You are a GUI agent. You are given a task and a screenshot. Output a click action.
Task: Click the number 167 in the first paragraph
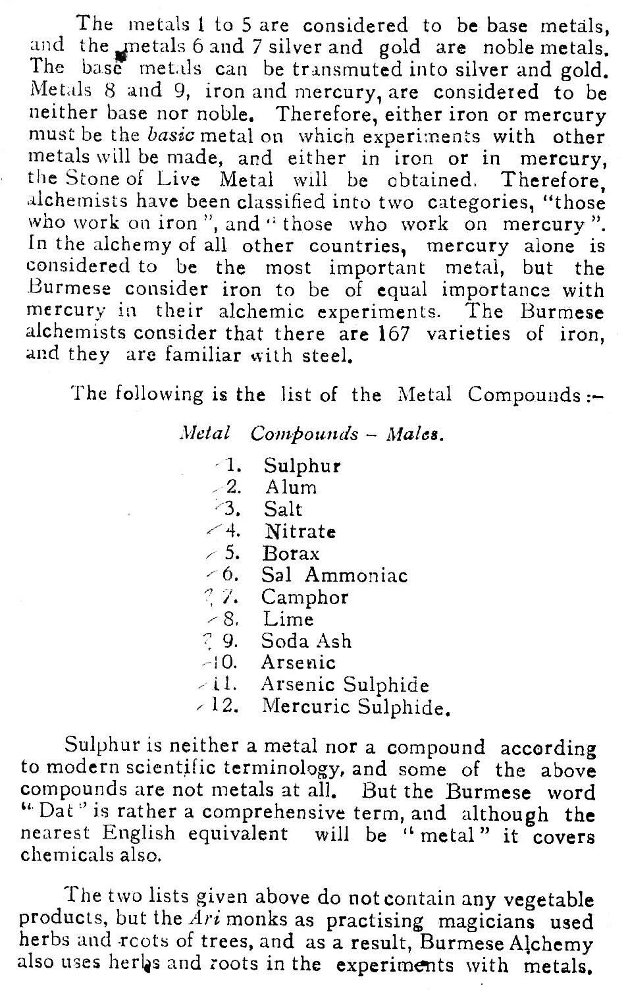tap(394, 333)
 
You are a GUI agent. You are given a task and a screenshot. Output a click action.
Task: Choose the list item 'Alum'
tap(291, 487)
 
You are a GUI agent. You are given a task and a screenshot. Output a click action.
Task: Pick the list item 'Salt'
tap(283, 509)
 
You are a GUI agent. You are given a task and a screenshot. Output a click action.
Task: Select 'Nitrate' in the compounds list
tap(300, 531)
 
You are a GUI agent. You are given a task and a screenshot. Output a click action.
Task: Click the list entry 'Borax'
tap(291, 553)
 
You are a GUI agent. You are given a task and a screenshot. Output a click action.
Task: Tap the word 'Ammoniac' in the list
tap(356, 575)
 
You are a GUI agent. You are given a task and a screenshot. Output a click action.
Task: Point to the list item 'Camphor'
tap(305, 597)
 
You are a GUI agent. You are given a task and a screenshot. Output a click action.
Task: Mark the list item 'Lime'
tap(288, 619)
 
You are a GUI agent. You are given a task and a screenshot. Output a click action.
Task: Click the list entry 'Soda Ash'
tap(306, 641)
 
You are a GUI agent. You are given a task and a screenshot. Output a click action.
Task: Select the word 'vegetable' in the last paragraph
tap(551, 899)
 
